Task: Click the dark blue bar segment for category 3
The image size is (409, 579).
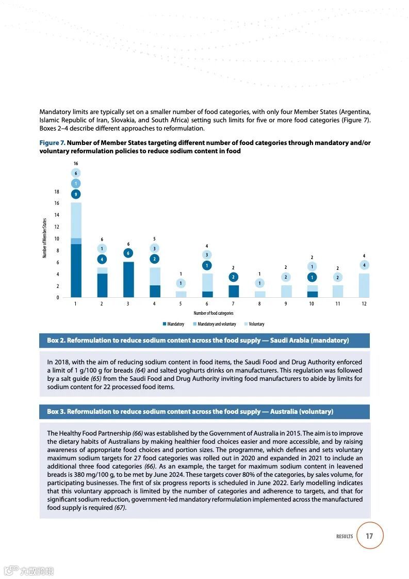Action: (128, 280)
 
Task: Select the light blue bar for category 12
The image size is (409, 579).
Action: (364, 285)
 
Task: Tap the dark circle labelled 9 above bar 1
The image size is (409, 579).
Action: (76, 194)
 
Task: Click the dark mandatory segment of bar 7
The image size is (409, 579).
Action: (234, 291)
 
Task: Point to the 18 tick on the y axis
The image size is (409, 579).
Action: (57, 191)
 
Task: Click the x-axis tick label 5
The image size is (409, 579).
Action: (181, 304)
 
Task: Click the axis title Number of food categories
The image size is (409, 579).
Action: (214, 313)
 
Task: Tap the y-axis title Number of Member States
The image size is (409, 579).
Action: (44, 238)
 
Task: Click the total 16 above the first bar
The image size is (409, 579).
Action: (76, 163)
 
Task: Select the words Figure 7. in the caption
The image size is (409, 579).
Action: (52, 143)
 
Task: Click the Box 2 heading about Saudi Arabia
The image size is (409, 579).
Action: (198, 341)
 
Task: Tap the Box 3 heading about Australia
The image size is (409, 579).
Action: (190, 412)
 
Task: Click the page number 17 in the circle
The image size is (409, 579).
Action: (369, 536)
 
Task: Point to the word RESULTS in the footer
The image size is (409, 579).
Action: (345, 536)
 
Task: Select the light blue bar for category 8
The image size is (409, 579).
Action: (260, 294)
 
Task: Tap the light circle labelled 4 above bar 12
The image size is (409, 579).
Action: (364, 265)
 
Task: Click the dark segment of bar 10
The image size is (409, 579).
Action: (313, 294)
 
